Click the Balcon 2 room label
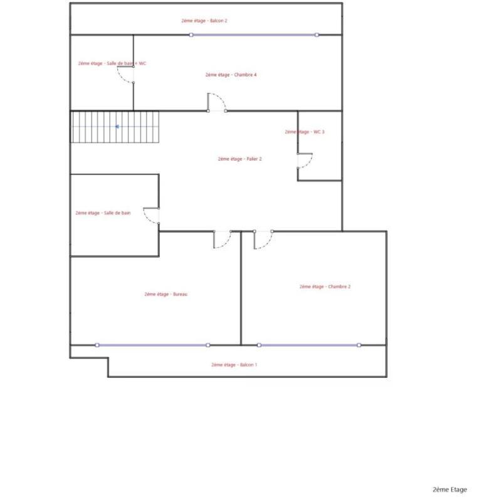click(204, 21)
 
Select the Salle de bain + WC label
click(112, 63)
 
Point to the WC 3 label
click(305, 132)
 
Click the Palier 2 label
click(239, 159)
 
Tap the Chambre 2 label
click(325, 287)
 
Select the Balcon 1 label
click(234, 365)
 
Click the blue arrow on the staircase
click(117, 127)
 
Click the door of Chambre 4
click(216, 102)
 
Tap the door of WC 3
click(305, 161)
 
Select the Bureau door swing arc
click(223, 240)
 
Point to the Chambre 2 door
click(263, 240)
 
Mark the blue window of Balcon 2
click(253, 35)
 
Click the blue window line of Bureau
click(152, 345)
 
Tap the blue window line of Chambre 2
click(308, 345)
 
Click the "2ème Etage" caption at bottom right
click(449, 489)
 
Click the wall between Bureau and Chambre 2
click(241, 289)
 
